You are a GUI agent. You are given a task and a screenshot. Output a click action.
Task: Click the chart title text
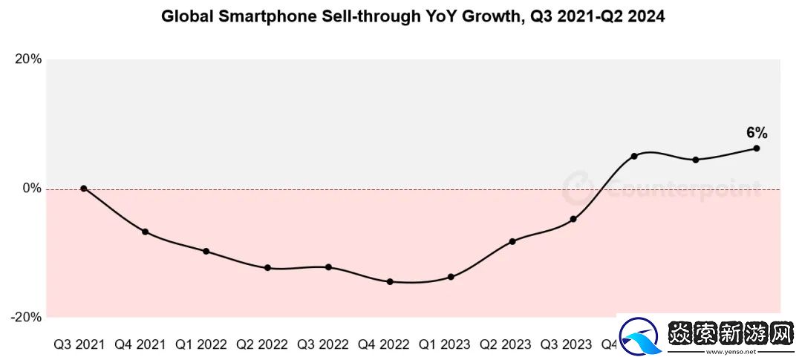pyautogui.click(x=413, y=16)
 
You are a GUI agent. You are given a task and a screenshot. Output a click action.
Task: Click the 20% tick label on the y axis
pyautogui.click(x=28, y=60)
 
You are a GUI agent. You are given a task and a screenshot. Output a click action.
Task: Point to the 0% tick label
pyautogui.click(x=32, y=189)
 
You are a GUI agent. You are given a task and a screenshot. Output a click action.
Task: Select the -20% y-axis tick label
pyautogui.click(x=26, y=317)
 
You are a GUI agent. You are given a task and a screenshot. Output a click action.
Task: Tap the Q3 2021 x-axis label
pyautogui.click(x=79, y=345)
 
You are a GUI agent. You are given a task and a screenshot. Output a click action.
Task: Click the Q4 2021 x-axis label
pyautogui.click(x=140, y=345)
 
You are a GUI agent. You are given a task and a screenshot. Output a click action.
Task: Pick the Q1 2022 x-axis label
pyautogui.click(x=201, y=345)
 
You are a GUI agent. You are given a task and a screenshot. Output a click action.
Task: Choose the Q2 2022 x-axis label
pyautogui.click(x=262, y=345)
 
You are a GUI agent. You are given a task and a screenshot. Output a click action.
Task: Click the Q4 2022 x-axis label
pyautogui.click(x=384, y=345)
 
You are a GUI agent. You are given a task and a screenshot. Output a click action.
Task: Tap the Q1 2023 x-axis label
pyautogui.click(x=445, y=345)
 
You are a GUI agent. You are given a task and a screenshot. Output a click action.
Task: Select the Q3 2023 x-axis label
pyautogui.click(x=567, y=345)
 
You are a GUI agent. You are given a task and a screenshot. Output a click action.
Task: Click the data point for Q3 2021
pyautogui.click(x=84, y=189)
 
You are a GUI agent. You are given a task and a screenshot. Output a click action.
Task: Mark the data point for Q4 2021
pyautogui.click(x=145, y=232)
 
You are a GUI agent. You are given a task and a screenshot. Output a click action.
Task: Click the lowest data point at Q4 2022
pyautogui.click(x=390, y=282)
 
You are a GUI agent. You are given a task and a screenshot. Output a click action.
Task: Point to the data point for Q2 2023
pyautogui.click(x=512, y=241)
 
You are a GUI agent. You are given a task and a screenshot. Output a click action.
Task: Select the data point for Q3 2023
pyautogui.click(x=573, y=219)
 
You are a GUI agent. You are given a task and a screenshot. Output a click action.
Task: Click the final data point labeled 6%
pyautogui.click(x=757, y=148)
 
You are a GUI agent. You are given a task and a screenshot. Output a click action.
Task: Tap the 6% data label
pyautogui.click(x=757, y=134)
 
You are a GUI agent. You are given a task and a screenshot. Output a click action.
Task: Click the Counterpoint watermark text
pyautogui.click(x=683, y=189)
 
